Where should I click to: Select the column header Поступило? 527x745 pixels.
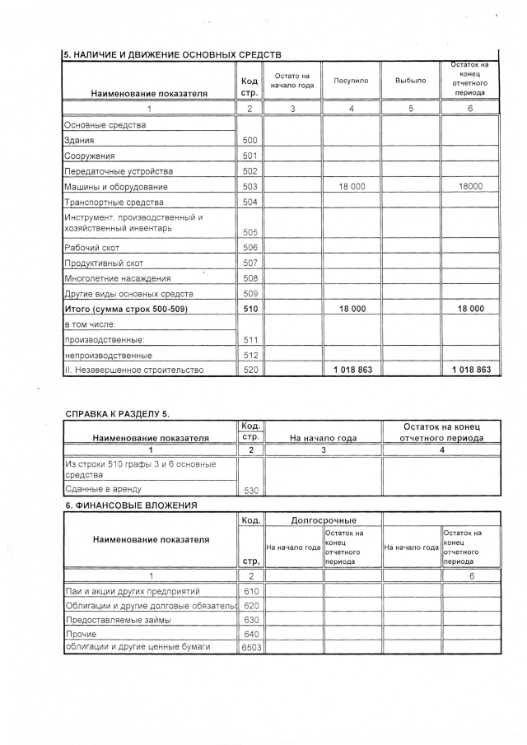pyautogui.click(x=351, y=81)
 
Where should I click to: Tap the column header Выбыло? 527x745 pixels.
pyautogui.click(x=410, y=81)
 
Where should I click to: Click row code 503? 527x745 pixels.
pyautogui.click(x=250, y=187)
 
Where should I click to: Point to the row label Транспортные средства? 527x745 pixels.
pyautogui.click(x=114, y=203)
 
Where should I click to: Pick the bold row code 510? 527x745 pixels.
pyautogui.click(x=250, y=309)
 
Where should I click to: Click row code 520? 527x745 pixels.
pyautogui.click(x=250, y=370)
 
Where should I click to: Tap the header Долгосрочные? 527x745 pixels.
pyautogui.click(x=323, y=520)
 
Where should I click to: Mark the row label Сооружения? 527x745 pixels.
pyautogui.click(x=91, y=156)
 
